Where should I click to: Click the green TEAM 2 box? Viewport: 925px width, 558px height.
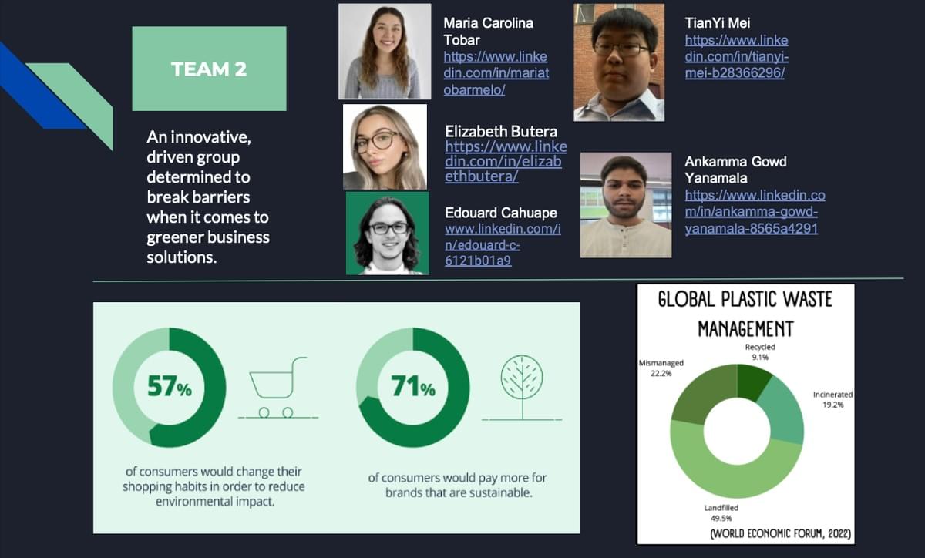pyautogui.click(x=209, y=69)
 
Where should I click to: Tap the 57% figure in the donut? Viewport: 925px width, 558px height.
pyautogui.click(x=170, y=387)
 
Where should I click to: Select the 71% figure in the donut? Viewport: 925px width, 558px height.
pyautogui.click(x=413, y=387)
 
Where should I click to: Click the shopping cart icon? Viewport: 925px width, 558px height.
pyautogui.click(x=278, y=388)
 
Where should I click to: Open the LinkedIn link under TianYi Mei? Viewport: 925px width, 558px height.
pyautogui.click(x=737, y=56)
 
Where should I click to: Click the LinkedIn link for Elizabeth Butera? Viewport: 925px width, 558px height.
pyautogui.click(x=506, y=162)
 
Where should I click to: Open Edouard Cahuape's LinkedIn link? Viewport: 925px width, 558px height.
pyautogui.click(x=503, y=244)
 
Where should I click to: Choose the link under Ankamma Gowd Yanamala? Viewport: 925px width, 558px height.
pyautogui.click(x=755, y=211)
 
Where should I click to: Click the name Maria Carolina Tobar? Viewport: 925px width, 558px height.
pyautogui.click(x=488, y=32)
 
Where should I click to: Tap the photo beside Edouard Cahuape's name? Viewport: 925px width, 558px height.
pyautogui.click(x=387, y=234)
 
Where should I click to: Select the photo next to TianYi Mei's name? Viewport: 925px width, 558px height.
pyautogui.click(x=619, y=62)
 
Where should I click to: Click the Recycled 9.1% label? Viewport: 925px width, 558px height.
pyautogui.click(x=760, y=352)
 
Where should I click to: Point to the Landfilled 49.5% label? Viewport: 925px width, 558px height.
pyautogui.click(x=721, y=513)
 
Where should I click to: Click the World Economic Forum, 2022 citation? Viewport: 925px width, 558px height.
pyautogui.click(x=780, y=533)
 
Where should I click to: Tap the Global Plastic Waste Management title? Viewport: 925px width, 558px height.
pyautogui.click(x=745, y=314)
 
